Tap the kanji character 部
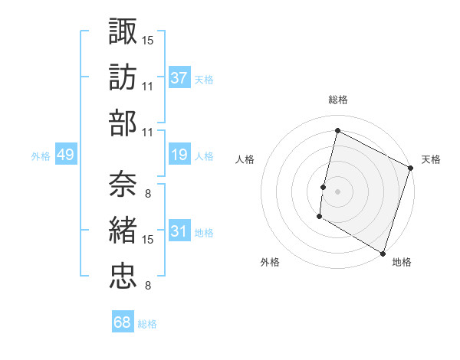click(123, 123)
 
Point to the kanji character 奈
click(123, 183)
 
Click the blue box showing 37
click(179, 77)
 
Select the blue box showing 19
click(179, 155)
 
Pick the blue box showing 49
click(65, 155)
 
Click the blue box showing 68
click(122, 322)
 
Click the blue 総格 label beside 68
click(147, 324)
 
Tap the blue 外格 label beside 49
click(41, 156)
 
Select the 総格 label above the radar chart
click(337, 100)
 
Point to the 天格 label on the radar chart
click(431, 159)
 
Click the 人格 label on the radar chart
click(245, 159)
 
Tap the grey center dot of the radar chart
click(337, 191)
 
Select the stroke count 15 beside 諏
click(148, 38)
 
